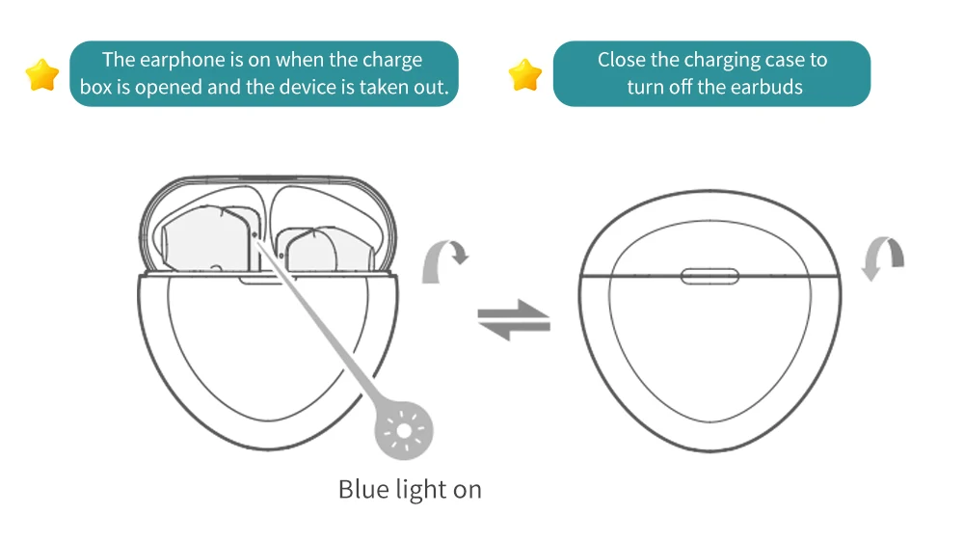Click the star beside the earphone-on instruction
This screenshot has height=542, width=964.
tap(42, 74)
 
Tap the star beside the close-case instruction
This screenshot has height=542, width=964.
tap(525, 74)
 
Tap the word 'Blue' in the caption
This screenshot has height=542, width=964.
tap(363, 489)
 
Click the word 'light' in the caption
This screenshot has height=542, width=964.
tap(420, 489)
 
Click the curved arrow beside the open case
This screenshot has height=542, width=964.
tap(444, 259)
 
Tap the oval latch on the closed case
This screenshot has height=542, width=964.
tap(710, 277)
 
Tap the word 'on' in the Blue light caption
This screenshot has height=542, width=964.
tap(467, 489)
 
